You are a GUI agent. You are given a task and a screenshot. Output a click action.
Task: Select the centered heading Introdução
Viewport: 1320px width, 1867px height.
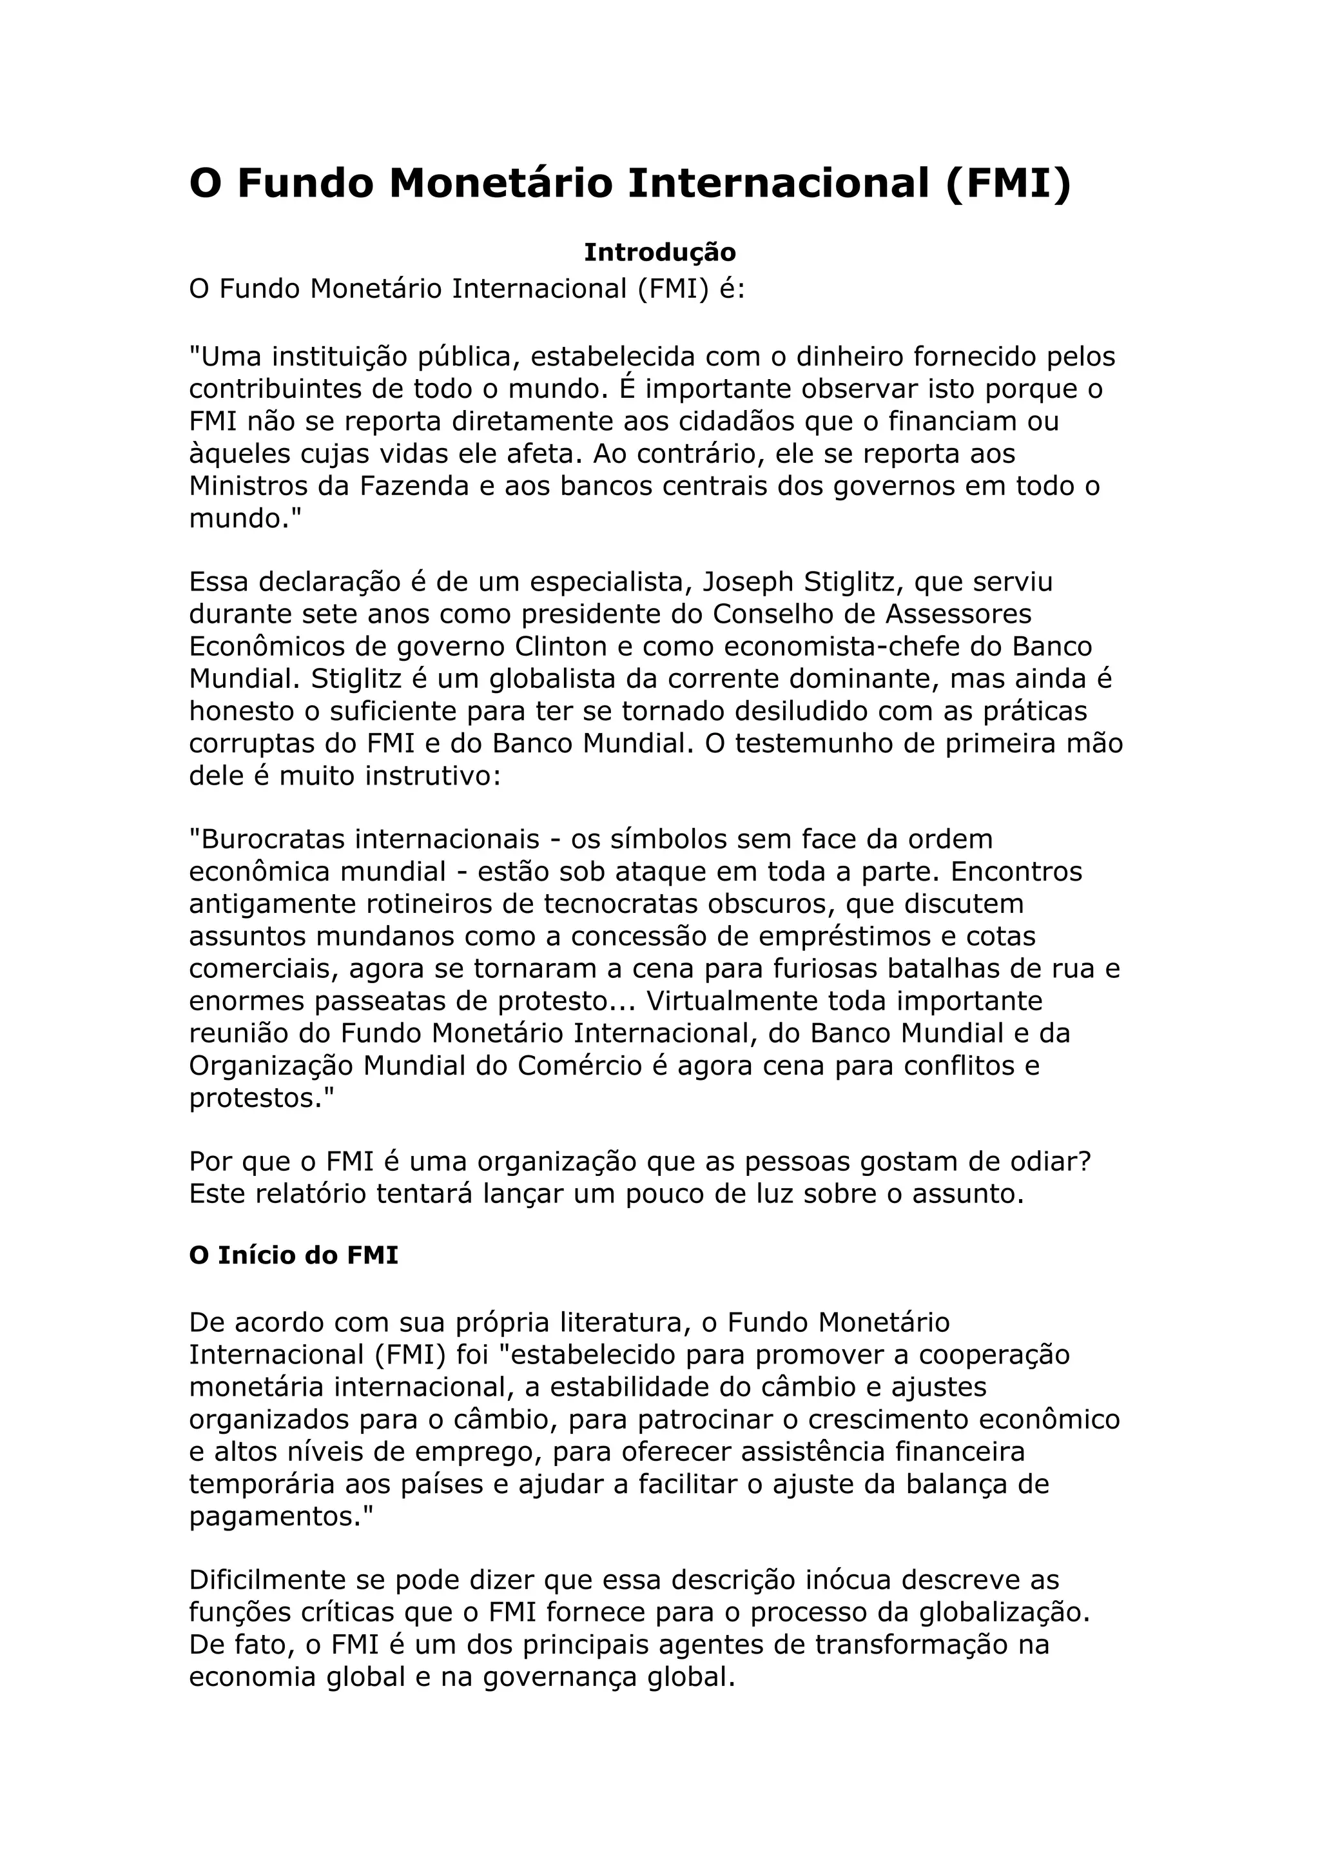[659, 252]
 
